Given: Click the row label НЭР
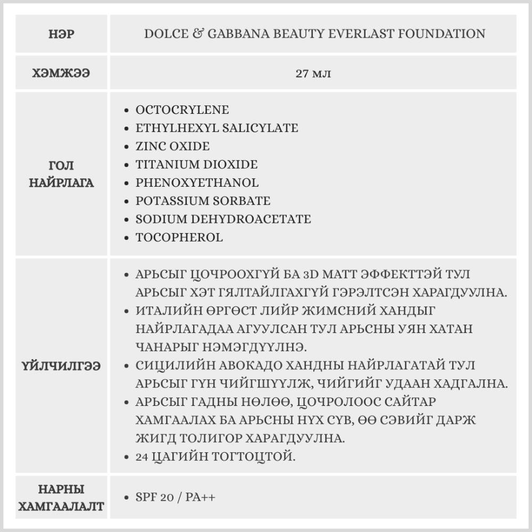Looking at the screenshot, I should coord(61,35).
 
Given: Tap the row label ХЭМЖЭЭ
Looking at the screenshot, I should coord(61,73).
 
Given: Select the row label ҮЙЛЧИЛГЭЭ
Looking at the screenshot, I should coord(61,366).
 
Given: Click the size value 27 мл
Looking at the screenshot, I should coord(313,73).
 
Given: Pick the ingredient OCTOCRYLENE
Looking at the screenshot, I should coord(182,110).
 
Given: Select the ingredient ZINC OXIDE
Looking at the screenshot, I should coord(172,146).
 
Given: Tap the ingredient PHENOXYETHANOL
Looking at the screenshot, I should coord(197,182).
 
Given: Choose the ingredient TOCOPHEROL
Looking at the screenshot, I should coord(179,237).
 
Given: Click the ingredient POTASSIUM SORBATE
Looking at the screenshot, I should coord(203,201).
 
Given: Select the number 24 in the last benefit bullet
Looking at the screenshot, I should coord(143,456).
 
